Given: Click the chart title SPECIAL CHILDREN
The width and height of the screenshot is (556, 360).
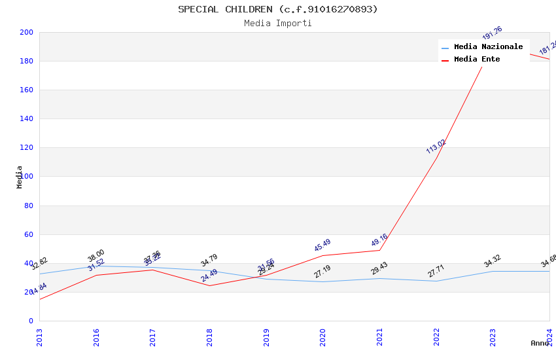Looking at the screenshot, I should pos(277,9).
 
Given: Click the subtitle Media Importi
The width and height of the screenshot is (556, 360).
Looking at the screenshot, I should pos(277,23).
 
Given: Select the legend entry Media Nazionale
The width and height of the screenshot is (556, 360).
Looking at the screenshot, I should pos(488,47).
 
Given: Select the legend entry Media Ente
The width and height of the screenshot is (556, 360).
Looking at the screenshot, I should pos(476,60).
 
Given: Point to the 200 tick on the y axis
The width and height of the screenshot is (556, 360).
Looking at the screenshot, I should pos(27,32).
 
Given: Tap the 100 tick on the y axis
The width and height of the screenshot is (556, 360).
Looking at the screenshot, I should pos(27,177).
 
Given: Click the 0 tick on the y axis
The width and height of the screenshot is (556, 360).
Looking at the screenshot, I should pos(30,321).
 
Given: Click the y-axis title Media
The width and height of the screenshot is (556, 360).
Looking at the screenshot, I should pos(20,177).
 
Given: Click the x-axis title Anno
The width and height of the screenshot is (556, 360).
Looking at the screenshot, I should pos(540,343).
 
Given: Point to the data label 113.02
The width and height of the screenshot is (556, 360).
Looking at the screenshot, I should pos(436,147).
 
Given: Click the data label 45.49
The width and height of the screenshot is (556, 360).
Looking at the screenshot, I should pos(322,245).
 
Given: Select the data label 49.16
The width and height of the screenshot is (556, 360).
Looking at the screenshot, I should pos(379,240).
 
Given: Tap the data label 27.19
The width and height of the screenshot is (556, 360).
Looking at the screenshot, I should pos(322,271).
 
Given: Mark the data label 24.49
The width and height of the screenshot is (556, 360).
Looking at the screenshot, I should pos(209,276).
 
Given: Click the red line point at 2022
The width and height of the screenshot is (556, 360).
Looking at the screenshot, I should pos(436,158).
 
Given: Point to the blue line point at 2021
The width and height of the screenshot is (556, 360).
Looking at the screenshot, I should pos(379,278).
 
